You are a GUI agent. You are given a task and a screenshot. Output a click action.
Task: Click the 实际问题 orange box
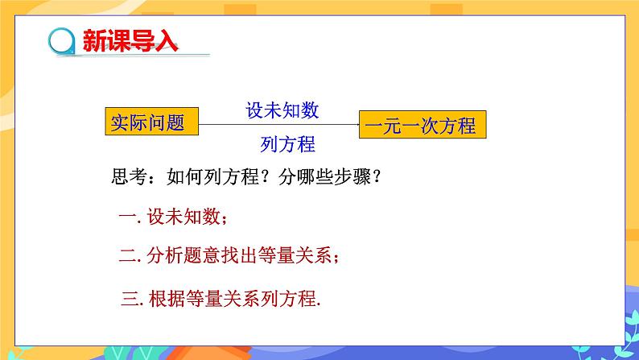tap(150, 123)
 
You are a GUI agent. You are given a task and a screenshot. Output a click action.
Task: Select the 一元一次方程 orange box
tap(419, 126)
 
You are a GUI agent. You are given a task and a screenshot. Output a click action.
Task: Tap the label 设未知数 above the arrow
tap(282, 111)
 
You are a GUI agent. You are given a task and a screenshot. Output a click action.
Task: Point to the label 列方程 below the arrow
tap(287, 144)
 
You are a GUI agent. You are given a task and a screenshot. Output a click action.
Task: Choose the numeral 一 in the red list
tap(125, 217)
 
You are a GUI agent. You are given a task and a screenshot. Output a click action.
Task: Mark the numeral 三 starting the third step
tap(128, 299)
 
